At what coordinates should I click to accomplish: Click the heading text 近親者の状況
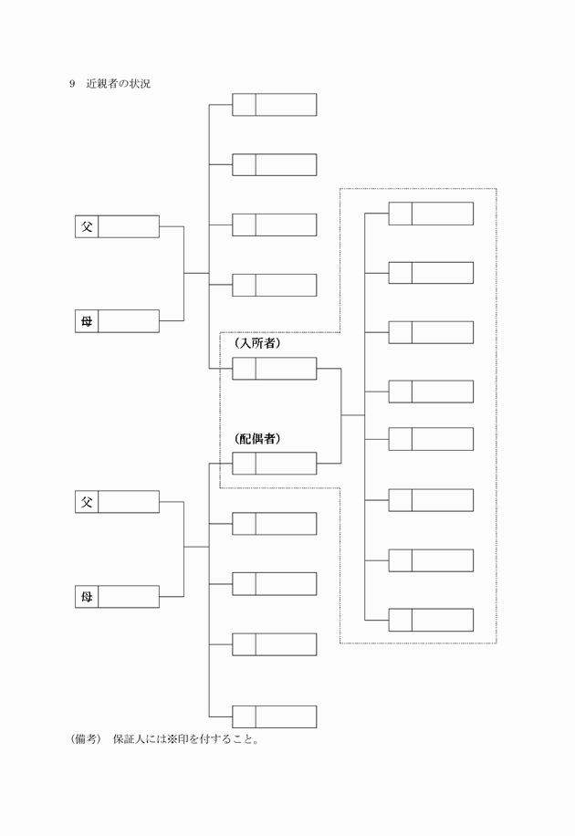click(119, 84)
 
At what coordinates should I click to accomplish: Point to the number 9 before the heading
click(71, 84)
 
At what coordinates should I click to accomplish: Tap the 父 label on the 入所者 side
click(87, 226)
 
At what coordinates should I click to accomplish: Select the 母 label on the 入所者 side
click(87, 321)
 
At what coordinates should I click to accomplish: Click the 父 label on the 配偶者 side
click(87, 502)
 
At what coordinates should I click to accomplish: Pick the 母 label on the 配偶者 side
click(87, 597)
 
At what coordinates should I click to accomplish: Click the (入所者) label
click(256, 344)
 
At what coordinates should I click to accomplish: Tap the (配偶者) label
click(256, 439)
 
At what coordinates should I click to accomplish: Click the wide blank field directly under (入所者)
click(286, 369)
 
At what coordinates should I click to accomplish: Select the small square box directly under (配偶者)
click(244, 464)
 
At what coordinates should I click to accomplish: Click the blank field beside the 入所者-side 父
click(129, 226)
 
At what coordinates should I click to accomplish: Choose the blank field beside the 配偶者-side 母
click(129, 597)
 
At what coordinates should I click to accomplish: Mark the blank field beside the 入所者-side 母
click(129, 321)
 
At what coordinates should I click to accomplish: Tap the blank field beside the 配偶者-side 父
click(129, 502)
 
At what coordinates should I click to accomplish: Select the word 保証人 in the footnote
click(129, 739)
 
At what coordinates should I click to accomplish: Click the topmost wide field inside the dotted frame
click(443, 214)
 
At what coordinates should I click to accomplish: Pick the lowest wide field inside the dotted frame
click(443, 620)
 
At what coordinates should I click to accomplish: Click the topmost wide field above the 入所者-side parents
click(286, 105)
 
